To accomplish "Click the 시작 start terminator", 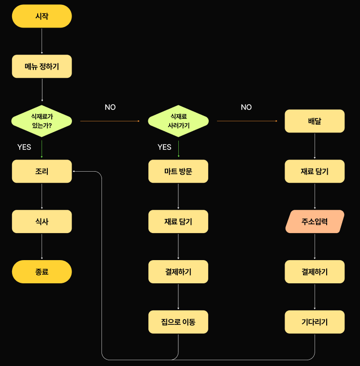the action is [42, 16].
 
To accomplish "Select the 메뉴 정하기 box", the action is [42, 67].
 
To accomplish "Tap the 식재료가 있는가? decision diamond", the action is [42, 121].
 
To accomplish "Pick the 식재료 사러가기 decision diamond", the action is [178, 121].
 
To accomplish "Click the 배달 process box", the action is [315, 121].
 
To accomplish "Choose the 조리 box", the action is [42, 171].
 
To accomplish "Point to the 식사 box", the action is [42, 221].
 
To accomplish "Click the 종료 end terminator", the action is [42, 272].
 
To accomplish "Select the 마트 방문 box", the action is [178, 171].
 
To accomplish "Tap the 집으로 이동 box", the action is [178, 322].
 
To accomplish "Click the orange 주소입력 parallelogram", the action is [315, 221].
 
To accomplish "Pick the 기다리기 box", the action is [315, 322].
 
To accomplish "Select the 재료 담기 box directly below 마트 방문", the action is [178, 221].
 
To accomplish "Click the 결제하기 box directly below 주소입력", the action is [315, 272].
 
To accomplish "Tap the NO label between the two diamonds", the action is [110, 107].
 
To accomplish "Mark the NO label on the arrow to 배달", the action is [246, 107].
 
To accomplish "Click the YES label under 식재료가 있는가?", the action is [24, 147].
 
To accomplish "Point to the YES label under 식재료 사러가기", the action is [164, 147].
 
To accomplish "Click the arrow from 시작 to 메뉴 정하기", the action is [42, 41].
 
